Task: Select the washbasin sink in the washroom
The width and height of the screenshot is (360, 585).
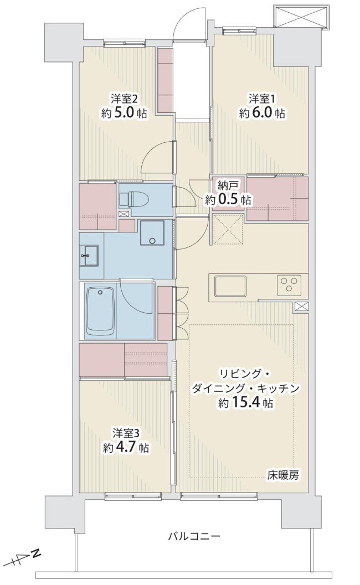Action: [89, 256]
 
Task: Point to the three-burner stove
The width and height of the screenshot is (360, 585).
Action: [290, 284]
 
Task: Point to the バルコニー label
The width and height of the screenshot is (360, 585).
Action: [194, 537]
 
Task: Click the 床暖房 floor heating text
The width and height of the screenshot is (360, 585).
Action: [282, 475]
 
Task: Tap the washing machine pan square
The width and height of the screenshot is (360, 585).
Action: [152, 232]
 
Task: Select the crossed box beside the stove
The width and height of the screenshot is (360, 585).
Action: [302, 306]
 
